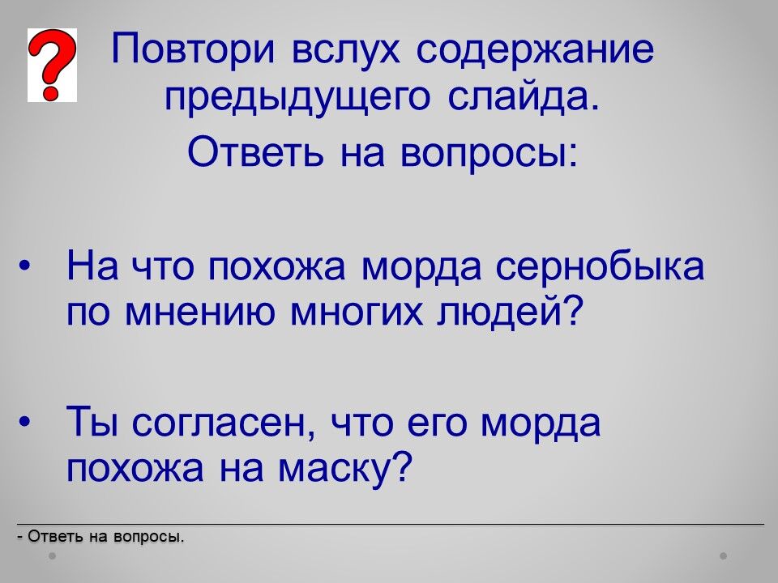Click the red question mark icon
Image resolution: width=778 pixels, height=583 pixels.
52,65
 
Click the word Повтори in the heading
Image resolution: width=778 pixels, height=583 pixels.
193,50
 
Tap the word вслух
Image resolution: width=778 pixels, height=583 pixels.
345,50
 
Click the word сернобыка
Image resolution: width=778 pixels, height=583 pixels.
600,266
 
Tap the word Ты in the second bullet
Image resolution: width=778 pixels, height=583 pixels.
92,421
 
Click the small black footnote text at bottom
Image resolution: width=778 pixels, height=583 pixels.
100,536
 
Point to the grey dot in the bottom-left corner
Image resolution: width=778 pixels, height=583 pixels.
53,555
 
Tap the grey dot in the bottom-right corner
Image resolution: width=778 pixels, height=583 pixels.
724,555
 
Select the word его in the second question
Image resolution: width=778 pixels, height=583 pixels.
437,423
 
